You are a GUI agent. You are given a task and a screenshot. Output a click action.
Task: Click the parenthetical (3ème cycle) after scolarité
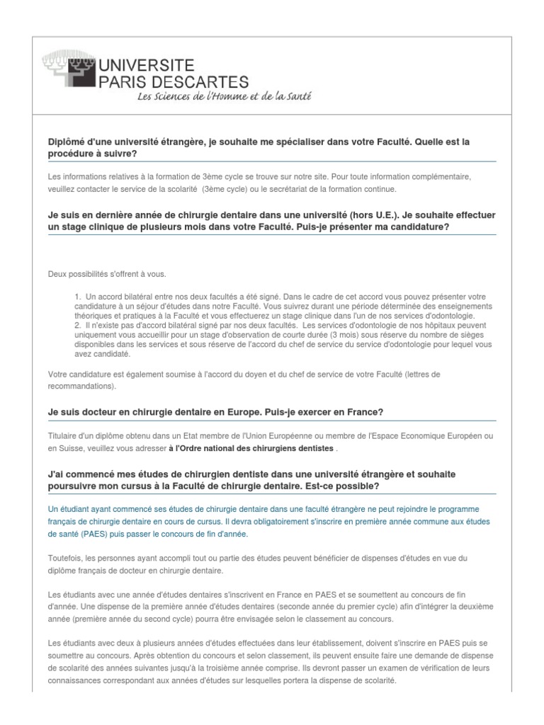tap(225, 189)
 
